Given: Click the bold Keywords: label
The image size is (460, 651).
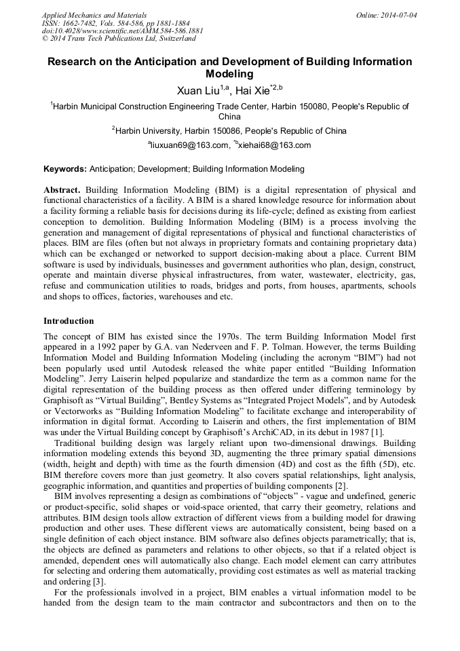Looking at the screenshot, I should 65,169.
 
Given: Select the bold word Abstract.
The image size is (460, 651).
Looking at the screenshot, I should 61,190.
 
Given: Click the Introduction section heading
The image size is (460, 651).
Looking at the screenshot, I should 69,320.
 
